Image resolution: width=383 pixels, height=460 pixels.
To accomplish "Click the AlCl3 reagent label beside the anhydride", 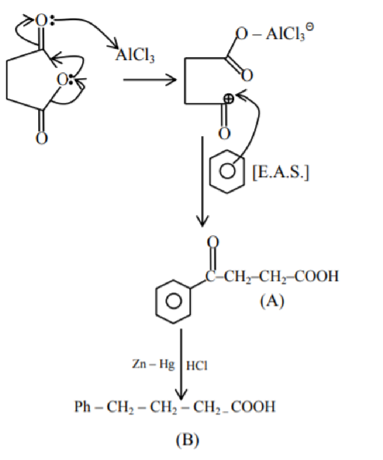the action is click(x=135, y=55).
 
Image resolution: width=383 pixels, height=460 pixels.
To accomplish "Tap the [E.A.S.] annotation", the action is click(x=281, y=173).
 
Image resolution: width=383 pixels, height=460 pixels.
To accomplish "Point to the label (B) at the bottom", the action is click(x=188, y=440).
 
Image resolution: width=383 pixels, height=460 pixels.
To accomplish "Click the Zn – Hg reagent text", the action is click(x=153, y=364).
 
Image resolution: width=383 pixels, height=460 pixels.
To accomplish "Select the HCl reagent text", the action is click(x=197, y=365).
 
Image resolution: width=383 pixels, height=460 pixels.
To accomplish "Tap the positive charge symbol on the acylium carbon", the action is click(x=229, y=99).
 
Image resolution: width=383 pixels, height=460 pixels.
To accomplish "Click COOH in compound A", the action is click(x=316, y=276).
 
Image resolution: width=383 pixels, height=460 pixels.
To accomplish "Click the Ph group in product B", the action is click(x=82, y=407).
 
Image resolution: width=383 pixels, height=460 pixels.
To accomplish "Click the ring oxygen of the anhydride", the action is click(x=63, y=79).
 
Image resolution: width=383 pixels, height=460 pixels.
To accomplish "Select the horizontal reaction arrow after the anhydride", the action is click(x=150, y=79).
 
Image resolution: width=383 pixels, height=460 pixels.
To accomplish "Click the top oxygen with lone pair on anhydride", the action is click(x=41, y=21).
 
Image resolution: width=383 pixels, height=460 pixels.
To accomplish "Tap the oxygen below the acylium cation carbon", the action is click(x=224, y=134).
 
